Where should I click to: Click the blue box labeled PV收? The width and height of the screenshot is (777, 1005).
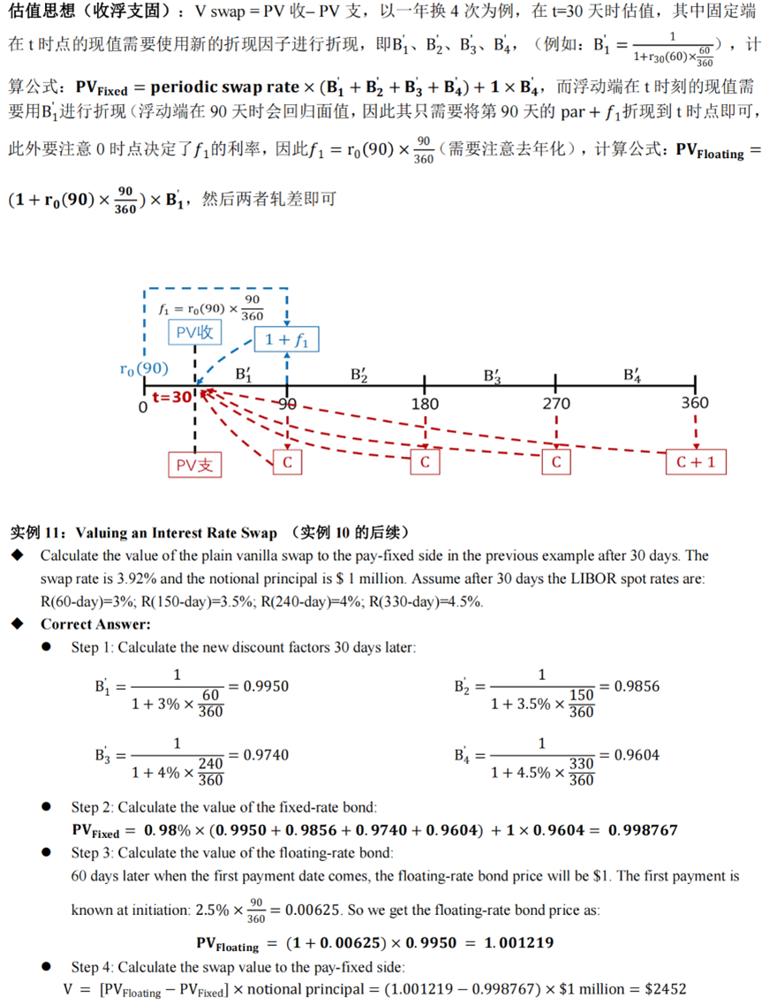click(194, 332)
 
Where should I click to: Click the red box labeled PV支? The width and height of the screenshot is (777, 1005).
click(194, 465)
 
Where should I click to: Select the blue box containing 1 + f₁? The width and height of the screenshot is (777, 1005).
click(287, 339)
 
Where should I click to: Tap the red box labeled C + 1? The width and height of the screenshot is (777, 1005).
click(696, 462)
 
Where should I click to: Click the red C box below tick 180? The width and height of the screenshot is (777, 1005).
click(425, 462)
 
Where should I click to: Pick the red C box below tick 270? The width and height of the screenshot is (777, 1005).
click(556, 462)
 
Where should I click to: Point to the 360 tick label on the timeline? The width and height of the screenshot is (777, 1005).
click(695, 404)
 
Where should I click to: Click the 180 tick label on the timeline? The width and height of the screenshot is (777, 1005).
click(425, 404)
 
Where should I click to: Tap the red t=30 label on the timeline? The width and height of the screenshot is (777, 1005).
click(171, 397)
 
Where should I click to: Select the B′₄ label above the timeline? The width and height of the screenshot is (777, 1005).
click(632, 374)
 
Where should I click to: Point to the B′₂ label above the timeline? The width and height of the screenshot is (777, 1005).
click(359, 374)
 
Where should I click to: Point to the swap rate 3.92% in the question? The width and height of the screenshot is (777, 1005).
click(132, 578)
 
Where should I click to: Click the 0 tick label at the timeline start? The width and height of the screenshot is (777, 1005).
click(142, 408)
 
